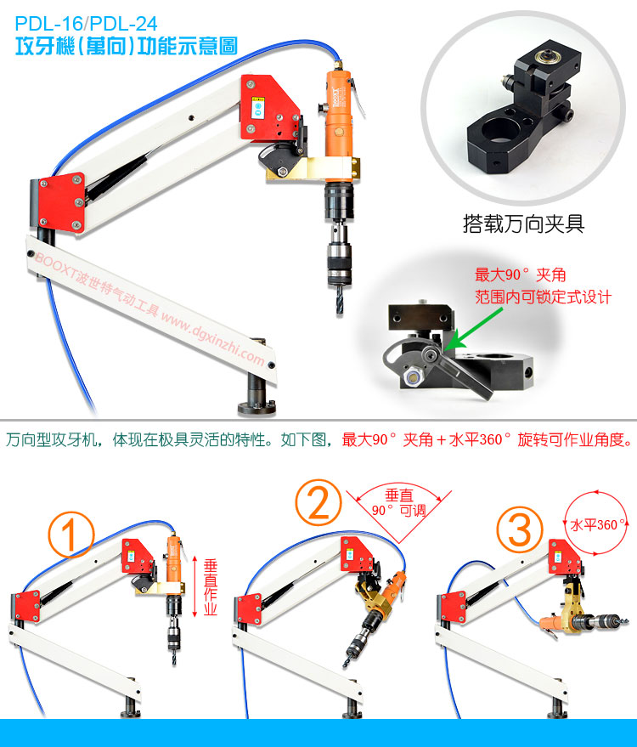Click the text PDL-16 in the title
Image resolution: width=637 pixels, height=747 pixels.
click(48, 24)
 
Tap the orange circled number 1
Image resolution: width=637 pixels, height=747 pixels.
click(71, 535)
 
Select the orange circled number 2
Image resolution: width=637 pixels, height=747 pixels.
click(318, 502)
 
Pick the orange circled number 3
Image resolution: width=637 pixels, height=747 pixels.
click(520, 529)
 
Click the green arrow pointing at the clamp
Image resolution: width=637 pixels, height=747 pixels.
click(474, 329)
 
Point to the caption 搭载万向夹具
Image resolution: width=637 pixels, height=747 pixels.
click(524, 224)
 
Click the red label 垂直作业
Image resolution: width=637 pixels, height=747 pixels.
click(210, 587)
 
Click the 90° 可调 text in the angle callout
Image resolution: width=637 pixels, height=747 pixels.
click(399, 511)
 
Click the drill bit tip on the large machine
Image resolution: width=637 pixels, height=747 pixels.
click(340, 311)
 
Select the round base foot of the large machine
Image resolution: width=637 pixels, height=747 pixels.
click(256, 408)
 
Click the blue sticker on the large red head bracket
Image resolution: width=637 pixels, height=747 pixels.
click(258, 109)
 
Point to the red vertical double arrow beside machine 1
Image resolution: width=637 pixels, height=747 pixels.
click(194, 586)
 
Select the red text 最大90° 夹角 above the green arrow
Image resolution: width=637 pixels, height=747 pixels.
click(521, 274)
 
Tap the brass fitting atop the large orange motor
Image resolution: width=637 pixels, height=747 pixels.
click(337, 65)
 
